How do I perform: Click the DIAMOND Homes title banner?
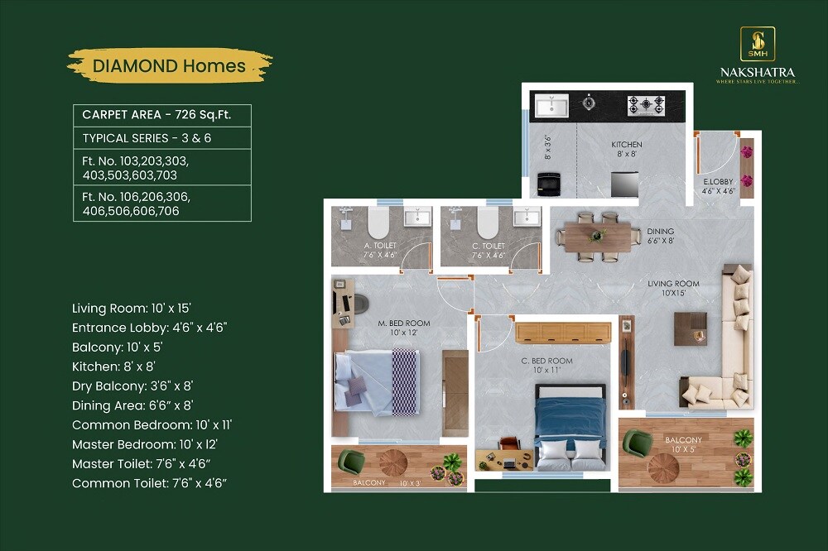click(169, 65)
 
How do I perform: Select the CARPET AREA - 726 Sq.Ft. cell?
click(161, 115)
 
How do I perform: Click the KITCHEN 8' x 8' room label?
click(627, 149)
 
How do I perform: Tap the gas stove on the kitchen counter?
click(645, 104)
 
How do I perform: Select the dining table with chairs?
click(598, 235)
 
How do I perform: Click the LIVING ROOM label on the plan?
click(673, 288)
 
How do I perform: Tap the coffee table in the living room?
click(689, 329)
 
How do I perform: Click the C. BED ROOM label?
click(546, 366)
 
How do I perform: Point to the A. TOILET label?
click(380, 250)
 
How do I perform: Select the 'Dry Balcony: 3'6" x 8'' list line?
click(132, 386)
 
